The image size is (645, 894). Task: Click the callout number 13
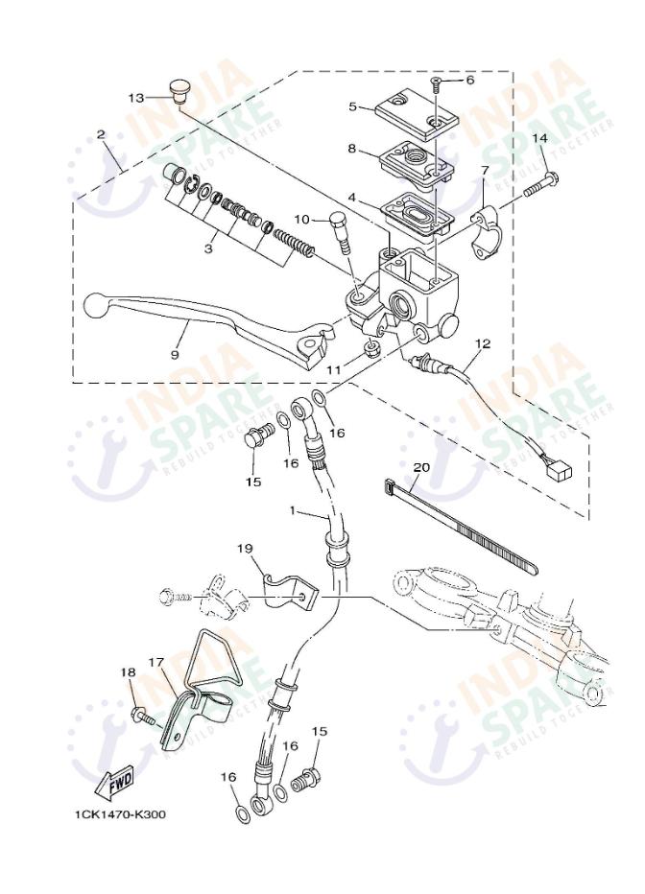tap(135, 98)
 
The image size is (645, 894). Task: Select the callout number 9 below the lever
tap(175, 354)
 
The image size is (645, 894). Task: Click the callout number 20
tap(420, 467)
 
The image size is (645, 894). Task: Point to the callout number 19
tap(245, 548)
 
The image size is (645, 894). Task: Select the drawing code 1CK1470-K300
tap(121, 814)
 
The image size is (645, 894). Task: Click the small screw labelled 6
tap(437, 84)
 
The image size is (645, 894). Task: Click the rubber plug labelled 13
tap(174, 88)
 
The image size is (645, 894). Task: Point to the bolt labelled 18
tap(141, 716)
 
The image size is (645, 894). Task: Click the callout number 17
tap(157, 663)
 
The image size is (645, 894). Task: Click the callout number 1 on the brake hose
tap(294, 511)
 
